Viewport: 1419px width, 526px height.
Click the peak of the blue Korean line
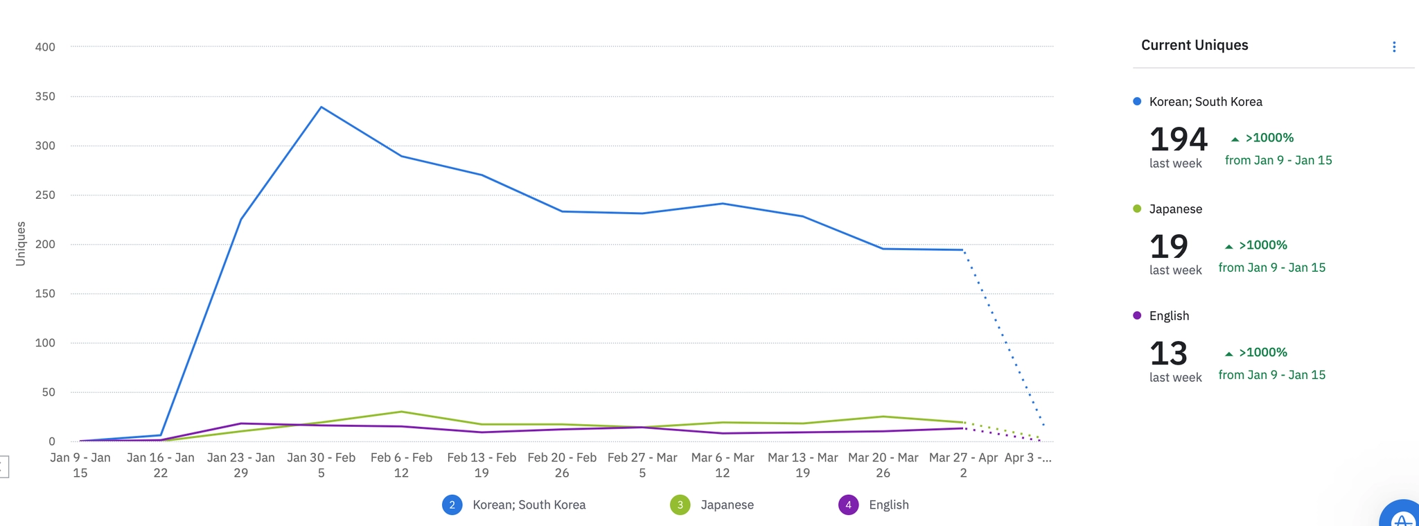(x=321, y=107)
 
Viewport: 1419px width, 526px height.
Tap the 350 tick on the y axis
(x=45, y=96)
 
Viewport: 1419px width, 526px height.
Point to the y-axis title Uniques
(x=21, y=243)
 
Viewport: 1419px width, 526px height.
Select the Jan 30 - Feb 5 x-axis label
(x=321, y=465)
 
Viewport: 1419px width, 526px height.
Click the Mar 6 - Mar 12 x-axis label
(x=723, y=465)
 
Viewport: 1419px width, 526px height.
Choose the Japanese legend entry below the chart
(x=727, y=505)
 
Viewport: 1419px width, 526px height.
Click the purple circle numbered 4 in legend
(x=848, y=505)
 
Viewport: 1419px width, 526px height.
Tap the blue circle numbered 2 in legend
(x=452, y=505)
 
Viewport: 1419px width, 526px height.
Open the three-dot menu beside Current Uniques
(x=1394, y=47)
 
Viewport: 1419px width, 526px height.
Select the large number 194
(x=1178, y=139)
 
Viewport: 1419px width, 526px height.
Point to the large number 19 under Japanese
(x=1168, y=246)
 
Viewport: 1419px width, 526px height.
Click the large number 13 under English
(x=1168, y=353)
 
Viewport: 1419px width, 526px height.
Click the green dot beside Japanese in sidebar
(x=1137, y=209)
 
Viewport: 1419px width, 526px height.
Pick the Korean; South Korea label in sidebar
(x=1206, y=102)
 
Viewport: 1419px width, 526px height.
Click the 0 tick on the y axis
(x=51, y=441)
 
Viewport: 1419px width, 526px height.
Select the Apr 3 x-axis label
(x=1028, y=458)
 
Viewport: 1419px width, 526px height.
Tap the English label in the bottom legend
(x=888, y=505)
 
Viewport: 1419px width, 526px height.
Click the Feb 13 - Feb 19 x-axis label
(x=482, y=465)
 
